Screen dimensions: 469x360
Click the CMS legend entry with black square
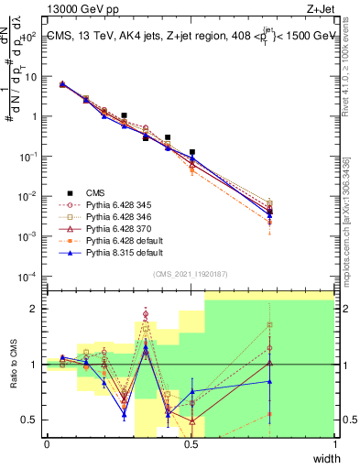(x=95, y=192)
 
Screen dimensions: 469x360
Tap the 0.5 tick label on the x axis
(x=191, y=444)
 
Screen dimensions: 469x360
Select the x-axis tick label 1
(x=334, y=444)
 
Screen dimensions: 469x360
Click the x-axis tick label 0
(x=47, y=444)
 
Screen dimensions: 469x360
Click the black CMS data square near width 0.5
(x=191, y=152)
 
